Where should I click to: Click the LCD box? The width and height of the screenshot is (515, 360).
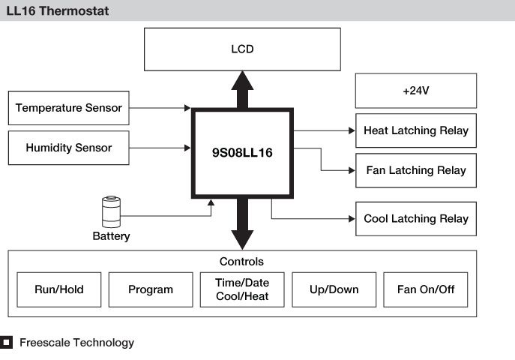tap(242, 49)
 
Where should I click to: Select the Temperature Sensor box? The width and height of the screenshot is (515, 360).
tap(68, 108)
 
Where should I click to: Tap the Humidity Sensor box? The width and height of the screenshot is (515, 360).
tap(68, 148)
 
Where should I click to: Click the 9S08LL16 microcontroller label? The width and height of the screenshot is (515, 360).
tap(242, 152)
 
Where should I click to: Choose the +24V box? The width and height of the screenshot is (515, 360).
tap(415, 91)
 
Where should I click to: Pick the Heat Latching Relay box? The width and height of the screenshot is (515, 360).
tap(415, 130)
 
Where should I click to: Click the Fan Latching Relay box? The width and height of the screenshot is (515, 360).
tap(415, 170)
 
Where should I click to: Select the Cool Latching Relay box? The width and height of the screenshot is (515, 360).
tap(415, 219)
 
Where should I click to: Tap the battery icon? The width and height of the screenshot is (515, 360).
tap(111, 211)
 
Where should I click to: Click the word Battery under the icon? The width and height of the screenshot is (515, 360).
tap(111, 236)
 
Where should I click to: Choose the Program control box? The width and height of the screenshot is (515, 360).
tap(151, 289)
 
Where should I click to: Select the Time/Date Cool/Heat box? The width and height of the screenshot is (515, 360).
tap(242, 289)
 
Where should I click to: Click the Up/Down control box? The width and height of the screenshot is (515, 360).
tap(334, 289)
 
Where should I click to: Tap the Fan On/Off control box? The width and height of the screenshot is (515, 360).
tap(426, 289)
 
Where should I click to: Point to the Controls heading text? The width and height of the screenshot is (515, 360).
tap(241, 262)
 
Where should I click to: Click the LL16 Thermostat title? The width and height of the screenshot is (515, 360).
tap(57, 10)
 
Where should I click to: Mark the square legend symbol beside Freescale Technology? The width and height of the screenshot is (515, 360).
tap(7, 343)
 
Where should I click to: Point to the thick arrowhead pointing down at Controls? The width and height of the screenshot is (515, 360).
tap(242, 238)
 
